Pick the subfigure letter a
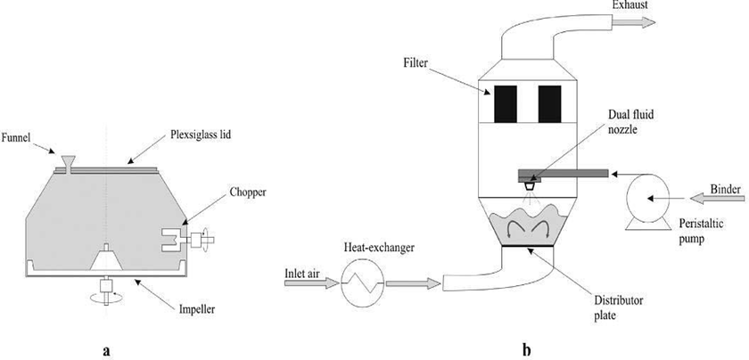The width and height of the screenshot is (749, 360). (x=107, y=349)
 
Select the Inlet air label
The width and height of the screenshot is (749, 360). (x=303, y=272)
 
